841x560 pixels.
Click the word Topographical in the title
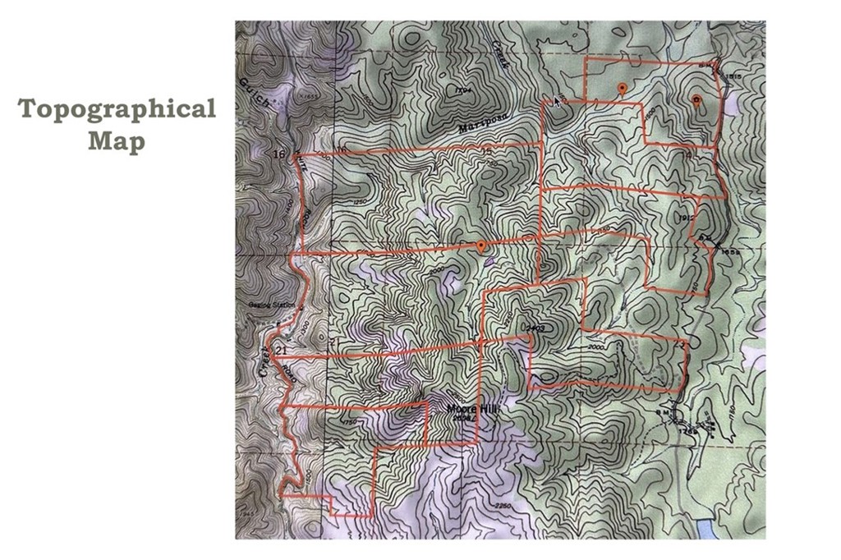[117, 109]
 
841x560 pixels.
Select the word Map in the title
[117, 141]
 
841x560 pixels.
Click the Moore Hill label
[472, 406]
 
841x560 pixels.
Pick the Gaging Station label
[272, 305]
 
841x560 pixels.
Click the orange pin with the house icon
[696, 101]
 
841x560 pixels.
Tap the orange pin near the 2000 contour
[481, 246]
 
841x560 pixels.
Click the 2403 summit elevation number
[535, 328]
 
